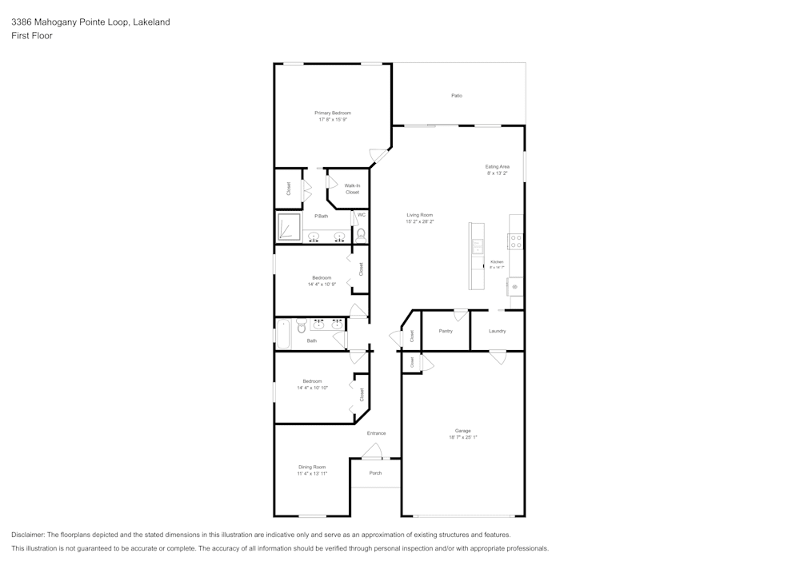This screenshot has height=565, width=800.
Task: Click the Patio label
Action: pos(456,96)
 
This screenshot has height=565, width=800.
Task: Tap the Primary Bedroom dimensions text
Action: pos(333,120)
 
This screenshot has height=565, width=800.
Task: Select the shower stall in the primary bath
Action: pos(288,228)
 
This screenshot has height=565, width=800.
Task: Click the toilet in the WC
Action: pos(361,234)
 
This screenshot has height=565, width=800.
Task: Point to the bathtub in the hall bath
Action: pos(283,333)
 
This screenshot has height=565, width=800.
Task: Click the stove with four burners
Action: pos(516,241)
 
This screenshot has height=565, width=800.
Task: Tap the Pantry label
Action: pos(446,331)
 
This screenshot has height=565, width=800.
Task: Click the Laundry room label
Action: pos(497,331)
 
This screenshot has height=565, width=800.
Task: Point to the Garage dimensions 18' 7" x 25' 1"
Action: pos(462,437)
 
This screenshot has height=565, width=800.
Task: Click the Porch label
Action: pos(375,473)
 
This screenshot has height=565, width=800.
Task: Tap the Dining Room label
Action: pos(312,467)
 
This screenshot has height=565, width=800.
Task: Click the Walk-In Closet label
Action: pos(352,189)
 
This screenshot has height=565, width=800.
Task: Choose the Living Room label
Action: pos(419,215)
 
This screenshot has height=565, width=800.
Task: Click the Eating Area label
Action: pos(497,166)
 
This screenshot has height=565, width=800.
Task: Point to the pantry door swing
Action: pos(460,315)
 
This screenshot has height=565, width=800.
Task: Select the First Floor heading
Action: pos(32,36)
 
